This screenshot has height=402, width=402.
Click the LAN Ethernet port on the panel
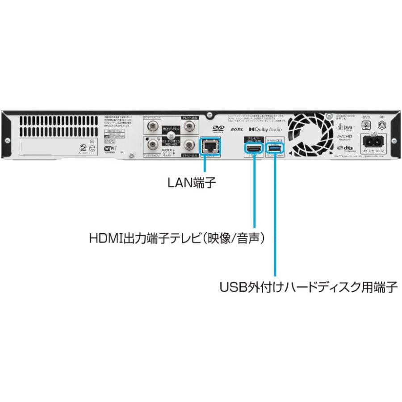209,147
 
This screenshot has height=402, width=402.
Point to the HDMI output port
253,147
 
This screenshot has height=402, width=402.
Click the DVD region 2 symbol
366,126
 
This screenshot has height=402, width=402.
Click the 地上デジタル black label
171,128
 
